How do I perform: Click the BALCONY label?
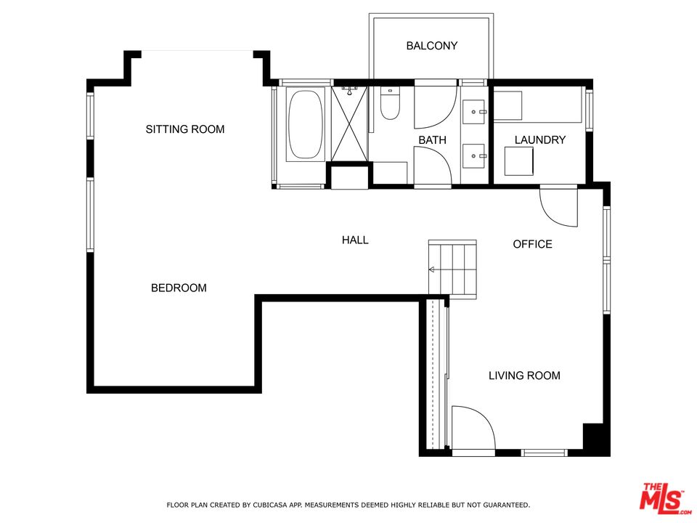(x=431, y=46)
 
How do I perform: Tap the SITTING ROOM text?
(x=184, y=129)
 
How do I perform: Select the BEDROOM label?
(x=179, y=288)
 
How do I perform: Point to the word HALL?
(x=355, y=240)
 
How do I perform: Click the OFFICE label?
(x=532, y=244)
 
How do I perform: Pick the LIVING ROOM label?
(x=524, y=376)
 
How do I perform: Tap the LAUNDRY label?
(x=539, y=139)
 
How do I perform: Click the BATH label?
(x=432, y=139)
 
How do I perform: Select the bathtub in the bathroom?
(x=306, y=124)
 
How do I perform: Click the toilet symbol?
(x=390, y=104)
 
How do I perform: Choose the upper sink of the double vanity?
(x=476, y=112)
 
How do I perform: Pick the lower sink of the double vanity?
(x=476, y=154)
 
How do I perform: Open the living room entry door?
(x=472, y=429)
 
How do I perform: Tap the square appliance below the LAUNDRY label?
(x=521, y=161)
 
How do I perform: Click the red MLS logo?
(x=662, y=498)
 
